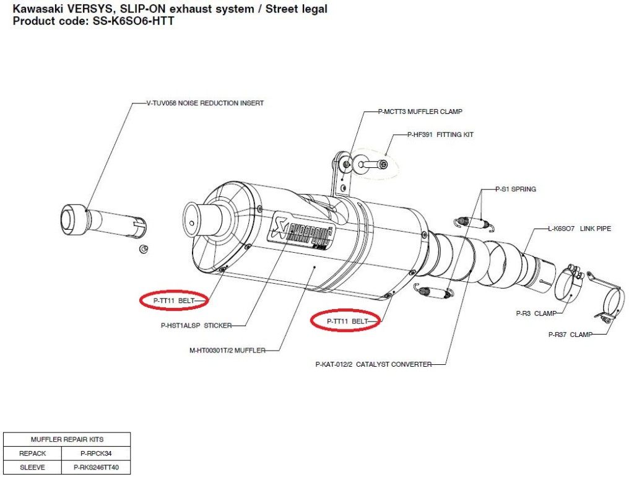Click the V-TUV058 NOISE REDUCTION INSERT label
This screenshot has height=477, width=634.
pyautogui.click(x=205, y=103)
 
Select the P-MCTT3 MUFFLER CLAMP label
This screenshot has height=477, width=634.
pyautogui.click(x=420, y=112)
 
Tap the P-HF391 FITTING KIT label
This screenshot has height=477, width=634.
pyautogui.click(x=440, y=134)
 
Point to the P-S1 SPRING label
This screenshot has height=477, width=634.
pyautogui.click(x=515, y=189)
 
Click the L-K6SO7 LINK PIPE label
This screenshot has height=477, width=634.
pyautogui.click(x=579, y=229)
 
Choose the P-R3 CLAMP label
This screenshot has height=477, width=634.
pyautogui.click(x=536, y=313)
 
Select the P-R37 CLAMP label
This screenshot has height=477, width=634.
pyautogui.click(x=570, y=335)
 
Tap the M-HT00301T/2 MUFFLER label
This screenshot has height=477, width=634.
pyautogui.click(x=227, y=351)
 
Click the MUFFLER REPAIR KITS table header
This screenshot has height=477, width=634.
pyautogui.click(x=67, y=439)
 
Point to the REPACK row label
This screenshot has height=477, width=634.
pyautogui.click(x=33, y=453)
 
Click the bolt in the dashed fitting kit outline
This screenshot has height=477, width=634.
pyautogui.click(x=373, y=165)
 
